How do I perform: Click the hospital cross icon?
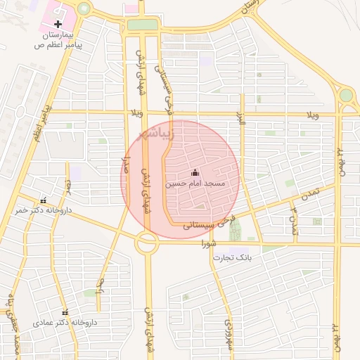(x=58, y=25)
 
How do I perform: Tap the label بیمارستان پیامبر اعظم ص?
(x=58, y=39)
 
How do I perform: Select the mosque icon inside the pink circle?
(x=195, y=173)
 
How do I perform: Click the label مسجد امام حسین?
(x=195, y=184)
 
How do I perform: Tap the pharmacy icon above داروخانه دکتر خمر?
(x=44, y=200)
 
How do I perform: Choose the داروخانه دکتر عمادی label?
(x=65, y=323)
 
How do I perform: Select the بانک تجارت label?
(x=232, y=257)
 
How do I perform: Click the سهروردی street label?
(x=228, y=333)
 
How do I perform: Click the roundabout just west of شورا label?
(x=147, y=243)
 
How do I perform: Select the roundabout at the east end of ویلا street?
(x=346, y=95)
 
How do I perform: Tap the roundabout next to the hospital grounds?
(x=84, y=9)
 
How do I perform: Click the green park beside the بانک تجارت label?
(x=234, y=229)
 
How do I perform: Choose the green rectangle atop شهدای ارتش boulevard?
(x=143, y=25)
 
